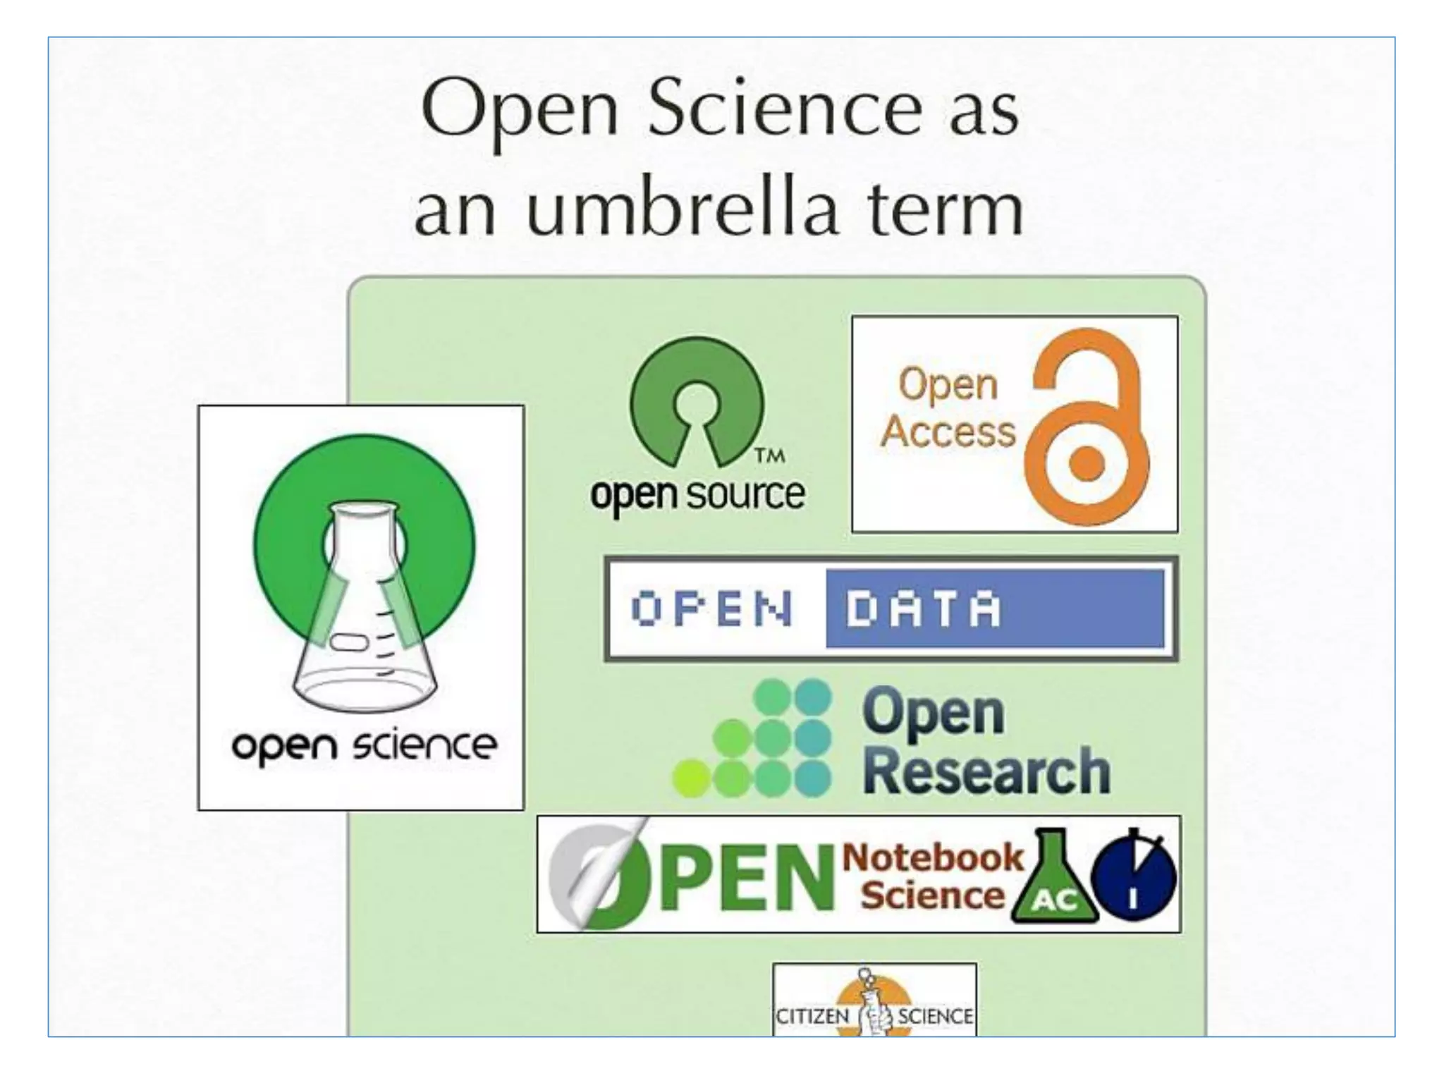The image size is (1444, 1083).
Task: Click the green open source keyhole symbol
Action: click(697, 400)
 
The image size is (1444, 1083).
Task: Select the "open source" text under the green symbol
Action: click(697, 494)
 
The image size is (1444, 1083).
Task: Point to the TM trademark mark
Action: click(770, 455)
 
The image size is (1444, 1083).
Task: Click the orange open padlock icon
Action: click(1086, 427)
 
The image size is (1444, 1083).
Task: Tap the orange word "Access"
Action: click(948, 431)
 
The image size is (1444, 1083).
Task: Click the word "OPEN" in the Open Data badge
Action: click(712, 608)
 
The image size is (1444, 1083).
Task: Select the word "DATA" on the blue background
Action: click(923, 608)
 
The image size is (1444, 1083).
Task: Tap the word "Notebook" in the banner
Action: click(932, 857)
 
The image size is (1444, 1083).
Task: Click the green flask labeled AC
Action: click(1055, 881)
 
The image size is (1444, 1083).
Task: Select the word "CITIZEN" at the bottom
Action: click(812, 1016)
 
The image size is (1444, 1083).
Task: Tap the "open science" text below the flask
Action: click(364, 747)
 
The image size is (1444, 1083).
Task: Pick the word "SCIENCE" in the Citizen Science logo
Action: click(935, 1016)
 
